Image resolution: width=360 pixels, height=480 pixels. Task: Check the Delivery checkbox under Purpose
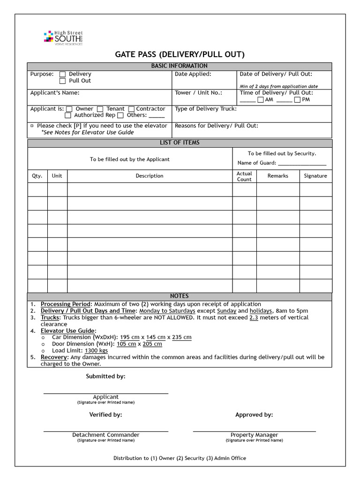pyautogui.click(x=63, y=74)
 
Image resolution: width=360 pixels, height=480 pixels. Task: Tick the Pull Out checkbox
pyautogui.click(x=63, y=81)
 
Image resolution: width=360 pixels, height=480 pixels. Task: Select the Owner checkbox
pyautogui.click(x=69, y=109)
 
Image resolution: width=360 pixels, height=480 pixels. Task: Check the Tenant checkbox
pyautogui.click(x=100, y=109)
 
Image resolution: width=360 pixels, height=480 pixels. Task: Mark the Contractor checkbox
pyautogui.click(x=131, y=109)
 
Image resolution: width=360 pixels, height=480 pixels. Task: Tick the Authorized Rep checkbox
pyautogui.click(x=68, y=116)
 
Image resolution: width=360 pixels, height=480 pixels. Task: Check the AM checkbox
pyautogui.click(x=261, y=100)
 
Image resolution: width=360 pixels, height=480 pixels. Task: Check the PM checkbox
pyautogui.click(x=297, y=100)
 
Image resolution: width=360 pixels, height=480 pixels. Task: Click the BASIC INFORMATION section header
pyautogui.click(x=179, y=66)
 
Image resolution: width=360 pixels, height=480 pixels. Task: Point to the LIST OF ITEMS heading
pyautogui.click(x=179, y=143)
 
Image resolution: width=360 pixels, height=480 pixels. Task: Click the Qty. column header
pyautogui.click(x=37, y=176)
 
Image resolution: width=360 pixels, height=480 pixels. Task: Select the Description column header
pyautogui.click(x=150, y=176)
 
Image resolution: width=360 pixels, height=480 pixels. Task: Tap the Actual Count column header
pyautogui.click(x=244, y=176)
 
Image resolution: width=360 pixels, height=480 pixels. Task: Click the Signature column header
pyautogui.click(x=315, y=176)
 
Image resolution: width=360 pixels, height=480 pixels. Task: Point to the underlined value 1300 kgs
pyautogui.click(x=96, y=351)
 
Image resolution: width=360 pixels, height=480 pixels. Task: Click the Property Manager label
pyautogui.click(x=254, y=435)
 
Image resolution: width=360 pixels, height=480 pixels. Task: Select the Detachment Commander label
pyautogui.click(x=105, y=435)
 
